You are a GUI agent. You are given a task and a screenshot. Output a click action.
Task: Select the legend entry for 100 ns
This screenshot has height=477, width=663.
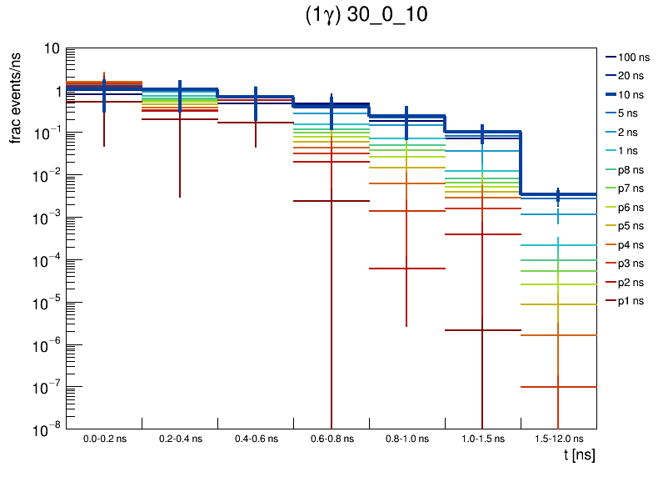click(632, 58)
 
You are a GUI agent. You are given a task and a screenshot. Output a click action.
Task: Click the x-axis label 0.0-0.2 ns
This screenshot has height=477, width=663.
click(104, 439)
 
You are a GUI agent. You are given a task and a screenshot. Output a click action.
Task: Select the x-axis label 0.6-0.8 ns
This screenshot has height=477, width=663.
click(331, 439)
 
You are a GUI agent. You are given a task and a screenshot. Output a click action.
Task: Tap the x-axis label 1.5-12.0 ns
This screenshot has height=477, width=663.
click(558, 439)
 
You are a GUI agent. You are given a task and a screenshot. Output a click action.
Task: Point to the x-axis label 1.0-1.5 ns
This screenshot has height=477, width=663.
click(482, 439)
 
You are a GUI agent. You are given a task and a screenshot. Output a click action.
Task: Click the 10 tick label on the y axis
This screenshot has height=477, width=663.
click(50, 49)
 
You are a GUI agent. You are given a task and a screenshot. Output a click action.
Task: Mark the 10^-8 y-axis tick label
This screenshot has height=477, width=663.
click(47, 429)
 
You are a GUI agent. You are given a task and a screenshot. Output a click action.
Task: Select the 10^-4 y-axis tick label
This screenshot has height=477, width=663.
click(47, 260)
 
